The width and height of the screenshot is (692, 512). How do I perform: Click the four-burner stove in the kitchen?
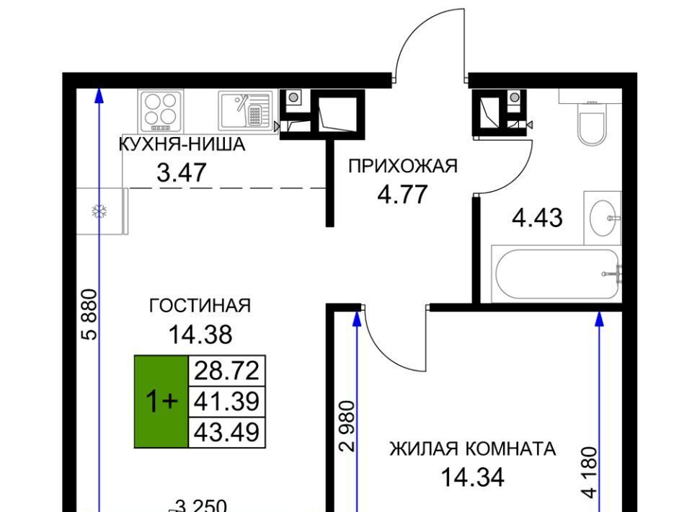point(160,111)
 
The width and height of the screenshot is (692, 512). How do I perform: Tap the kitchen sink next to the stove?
point(245,110)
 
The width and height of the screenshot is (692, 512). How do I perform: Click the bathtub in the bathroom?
point(557,274)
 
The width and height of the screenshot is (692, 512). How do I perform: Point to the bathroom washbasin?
point(603,218)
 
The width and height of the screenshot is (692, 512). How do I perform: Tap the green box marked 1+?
point(161,402)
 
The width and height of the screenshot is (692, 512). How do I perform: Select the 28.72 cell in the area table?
point(227,371)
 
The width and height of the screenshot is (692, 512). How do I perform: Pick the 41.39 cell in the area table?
point(227,402)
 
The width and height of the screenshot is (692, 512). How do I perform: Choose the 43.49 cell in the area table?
point(227,432)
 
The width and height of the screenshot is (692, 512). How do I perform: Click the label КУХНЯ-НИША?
point(182,145)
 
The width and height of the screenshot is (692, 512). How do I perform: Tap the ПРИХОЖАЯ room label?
point(403,167)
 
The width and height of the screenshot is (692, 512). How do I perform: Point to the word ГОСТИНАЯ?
point(200,306)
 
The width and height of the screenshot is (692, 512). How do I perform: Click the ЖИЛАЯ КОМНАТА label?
point(473,449)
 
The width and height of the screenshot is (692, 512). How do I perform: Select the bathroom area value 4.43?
point(537,218)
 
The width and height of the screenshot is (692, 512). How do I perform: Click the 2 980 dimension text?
point(347,426)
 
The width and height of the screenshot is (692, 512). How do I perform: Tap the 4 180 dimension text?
point(590,472)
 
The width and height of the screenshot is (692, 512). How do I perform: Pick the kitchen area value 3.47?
point(182,172)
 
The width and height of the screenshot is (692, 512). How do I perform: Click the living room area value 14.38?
point(200,335)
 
